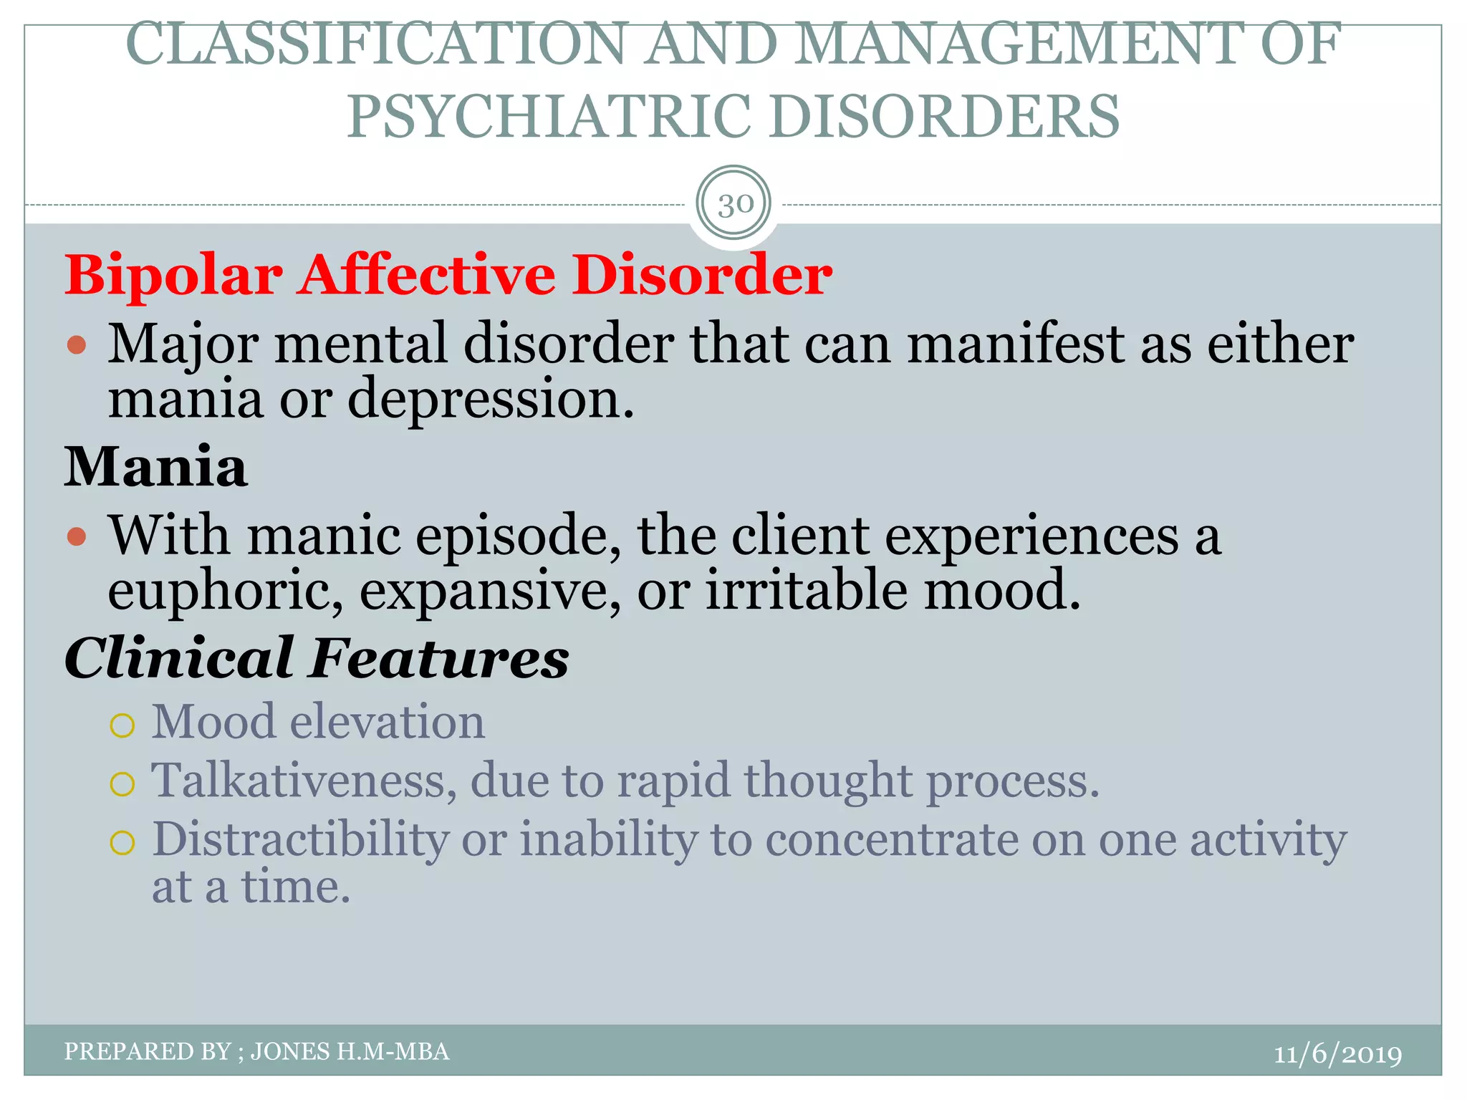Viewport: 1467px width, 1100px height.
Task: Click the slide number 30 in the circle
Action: (x=734, y=205)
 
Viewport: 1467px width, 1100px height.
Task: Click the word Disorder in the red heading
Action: (x=701, y=276)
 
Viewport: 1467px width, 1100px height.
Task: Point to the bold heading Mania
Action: (x=156, y=467)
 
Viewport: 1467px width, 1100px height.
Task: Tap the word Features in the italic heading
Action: (x=438, y=658)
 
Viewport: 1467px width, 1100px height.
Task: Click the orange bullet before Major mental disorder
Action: (x=77, y=346)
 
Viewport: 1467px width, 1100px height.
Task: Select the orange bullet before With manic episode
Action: (x=77, y=536)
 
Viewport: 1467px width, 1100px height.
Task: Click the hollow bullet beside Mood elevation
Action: (x=122, y=726)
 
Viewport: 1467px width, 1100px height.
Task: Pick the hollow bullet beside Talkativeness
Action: (x=122, y=785)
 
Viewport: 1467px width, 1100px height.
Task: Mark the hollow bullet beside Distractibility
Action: (x=122, y=844)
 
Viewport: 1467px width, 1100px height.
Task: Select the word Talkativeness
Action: (x=304, y=781)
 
